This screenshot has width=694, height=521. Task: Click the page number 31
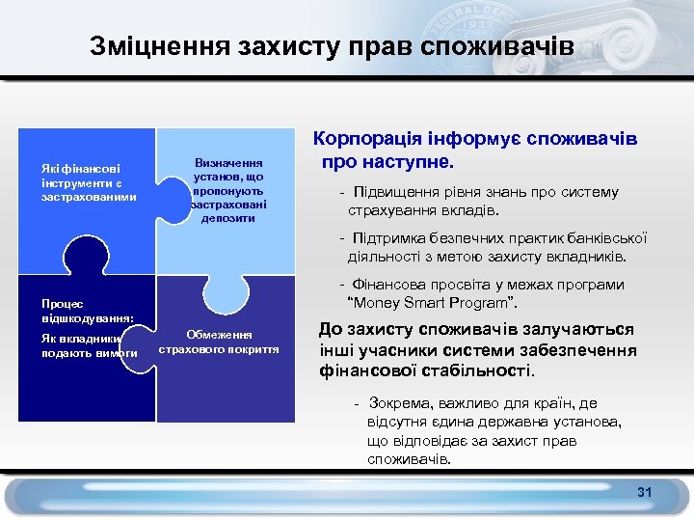[644, 493]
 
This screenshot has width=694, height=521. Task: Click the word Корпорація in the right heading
[372, 140]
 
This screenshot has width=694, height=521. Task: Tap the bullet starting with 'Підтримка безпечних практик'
[492, 248]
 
